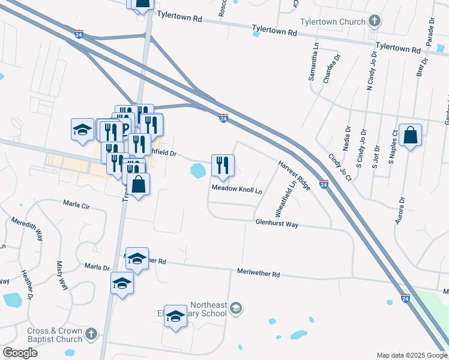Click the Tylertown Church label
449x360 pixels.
click(x=333, y=22)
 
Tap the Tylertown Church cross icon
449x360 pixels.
click(x=374, y=22)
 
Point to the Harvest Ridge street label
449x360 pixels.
click(x=294, y=175)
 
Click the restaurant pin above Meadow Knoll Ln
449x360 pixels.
click(x=223, y=166)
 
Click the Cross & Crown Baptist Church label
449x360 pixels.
click(x=55, y=335)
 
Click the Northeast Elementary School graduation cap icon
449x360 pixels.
click(x=237, y=308)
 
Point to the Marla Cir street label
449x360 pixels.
click(x=77, y=205)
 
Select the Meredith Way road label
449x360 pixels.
click(x=27, y=229)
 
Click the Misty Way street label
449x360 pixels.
click(x=63, y=275)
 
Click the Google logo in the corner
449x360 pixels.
click(x=20, y=353)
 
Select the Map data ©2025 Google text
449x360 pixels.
click(x=412, y=355)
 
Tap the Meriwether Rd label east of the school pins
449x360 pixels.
click(x=259, y=274)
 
